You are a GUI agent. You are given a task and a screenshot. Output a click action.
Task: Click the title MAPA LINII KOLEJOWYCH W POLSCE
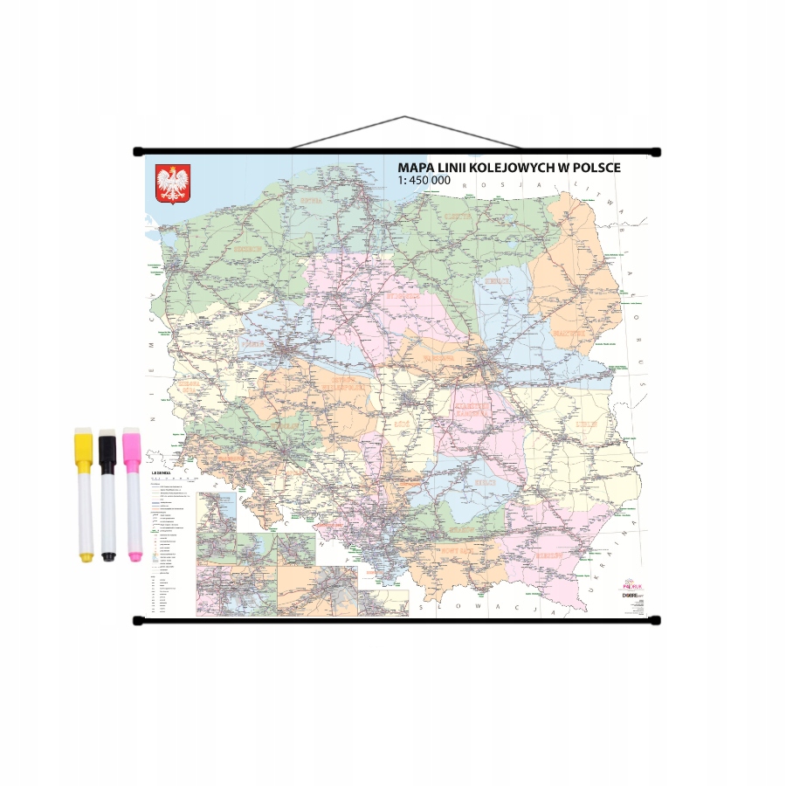[x=509, y=167]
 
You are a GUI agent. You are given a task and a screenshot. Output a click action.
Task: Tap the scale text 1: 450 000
[x=424, y=180]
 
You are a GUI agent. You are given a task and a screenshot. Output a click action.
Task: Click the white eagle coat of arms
[x=173, y=183]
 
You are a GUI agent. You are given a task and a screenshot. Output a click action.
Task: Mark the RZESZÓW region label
[x=548, y=555]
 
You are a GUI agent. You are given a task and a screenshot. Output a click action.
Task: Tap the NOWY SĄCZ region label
[x=456, y=551]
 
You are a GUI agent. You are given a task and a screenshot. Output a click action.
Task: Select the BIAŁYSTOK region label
[x=568, y=334]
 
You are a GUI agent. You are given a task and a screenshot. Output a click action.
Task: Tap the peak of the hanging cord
[x=404, y=117]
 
